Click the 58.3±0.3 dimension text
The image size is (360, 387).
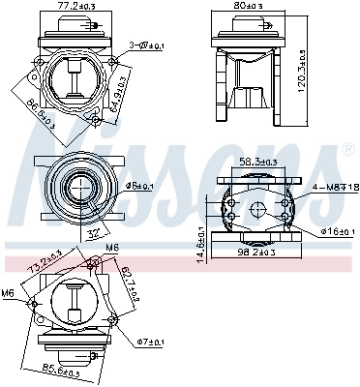coord(259,163)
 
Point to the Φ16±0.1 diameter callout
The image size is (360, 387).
coord(334,233)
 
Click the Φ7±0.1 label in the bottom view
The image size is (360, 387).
coord(152,342)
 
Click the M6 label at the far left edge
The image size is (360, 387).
coord(8,291)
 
